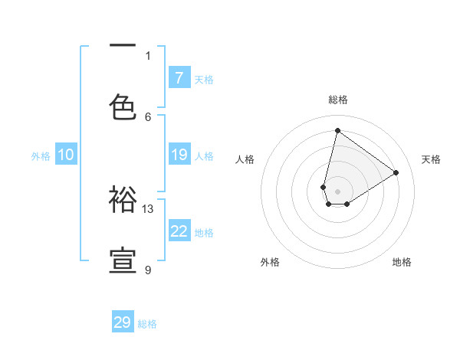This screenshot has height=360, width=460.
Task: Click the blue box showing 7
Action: (179, 77)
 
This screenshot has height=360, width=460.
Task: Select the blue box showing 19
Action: (179, 155)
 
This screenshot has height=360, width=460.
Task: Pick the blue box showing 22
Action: (179, 231)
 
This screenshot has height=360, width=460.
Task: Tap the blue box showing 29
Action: (123, 322)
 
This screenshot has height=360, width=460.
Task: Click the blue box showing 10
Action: (66, 155)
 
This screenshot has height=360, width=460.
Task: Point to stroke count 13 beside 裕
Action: (148, 208)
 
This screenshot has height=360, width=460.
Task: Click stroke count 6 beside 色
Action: (148, 116)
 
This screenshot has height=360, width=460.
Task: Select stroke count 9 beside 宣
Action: (148, 270)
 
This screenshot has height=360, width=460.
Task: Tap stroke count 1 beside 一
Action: (148, 55)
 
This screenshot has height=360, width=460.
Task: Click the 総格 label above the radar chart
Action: (337, 100)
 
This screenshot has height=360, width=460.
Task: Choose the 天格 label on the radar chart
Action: (431, 159)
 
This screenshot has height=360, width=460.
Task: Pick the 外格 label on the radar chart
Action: (270, 262)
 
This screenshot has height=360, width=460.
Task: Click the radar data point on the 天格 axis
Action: (396, 172)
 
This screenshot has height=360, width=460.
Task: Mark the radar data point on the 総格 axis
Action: (337, 130)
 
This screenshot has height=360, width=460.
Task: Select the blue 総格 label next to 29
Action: (147, 324)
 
